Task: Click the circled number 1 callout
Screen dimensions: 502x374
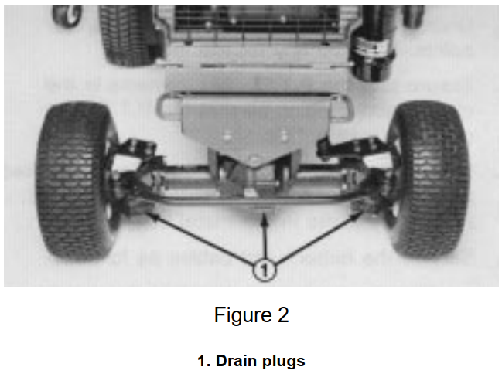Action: [264, 270]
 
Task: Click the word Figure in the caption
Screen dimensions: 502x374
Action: [243, 315]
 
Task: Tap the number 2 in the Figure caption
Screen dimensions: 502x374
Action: [283, 314]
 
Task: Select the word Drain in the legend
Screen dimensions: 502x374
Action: [237, 361]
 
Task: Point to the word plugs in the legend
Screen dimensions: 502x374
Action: [284, 362]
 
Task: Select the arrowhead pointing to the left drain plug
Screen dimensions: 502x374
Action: [152, 216]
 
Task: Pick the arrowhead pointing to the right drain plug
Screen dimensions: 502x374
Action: [354, 217]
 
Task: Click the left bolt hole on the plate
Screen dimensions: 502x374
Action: [227, 137]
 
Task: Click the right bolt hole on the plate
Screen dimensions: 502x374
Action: [284, 136]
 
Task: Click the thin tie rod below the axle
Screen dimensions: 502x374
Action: [253, 201]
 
